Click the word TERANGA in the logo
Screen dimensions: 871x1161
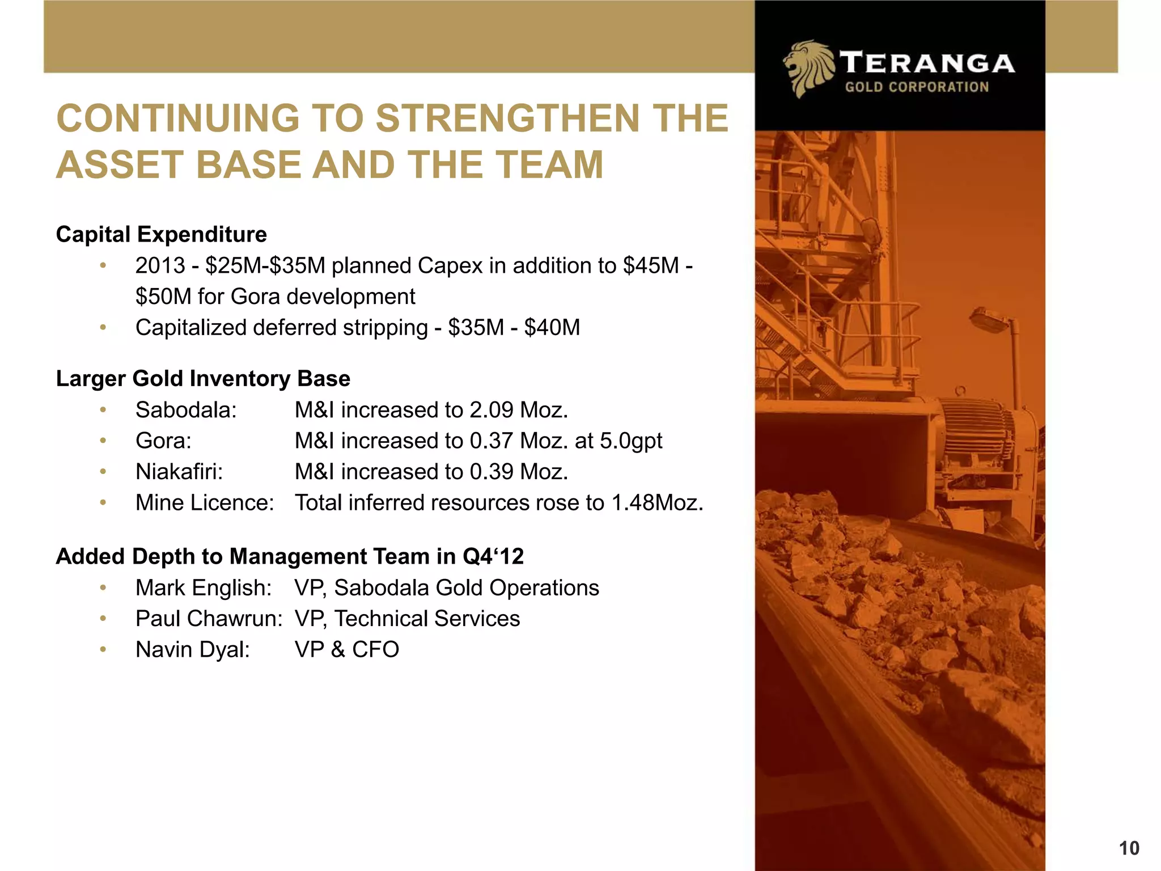[927, 63]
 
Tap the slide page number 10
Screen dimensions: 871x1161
[1129, 848]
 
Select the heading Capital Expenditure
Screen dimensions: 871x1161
[161, 234]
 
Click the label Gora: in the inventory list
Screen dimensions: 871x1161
[163, 441]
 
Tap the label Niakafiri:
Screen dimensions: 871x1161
[179, 472]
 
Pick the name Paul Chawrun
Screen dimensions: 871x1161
[208, 619]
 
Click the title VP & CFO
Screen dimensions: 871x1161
[346, 650]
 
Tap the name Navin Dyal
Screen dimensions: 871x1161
[192, 650]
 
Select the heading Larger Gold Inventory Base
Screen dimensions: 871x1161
[203, 379]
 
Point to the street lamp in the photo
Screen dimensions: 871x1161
[990, 318]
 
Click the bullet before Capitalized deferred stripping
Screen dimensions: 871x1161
[103, 328]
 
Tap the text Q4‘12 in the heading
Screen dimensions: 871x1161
[493, 557]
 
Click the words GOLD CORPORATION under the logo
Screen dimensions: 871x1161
[917, 87]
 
